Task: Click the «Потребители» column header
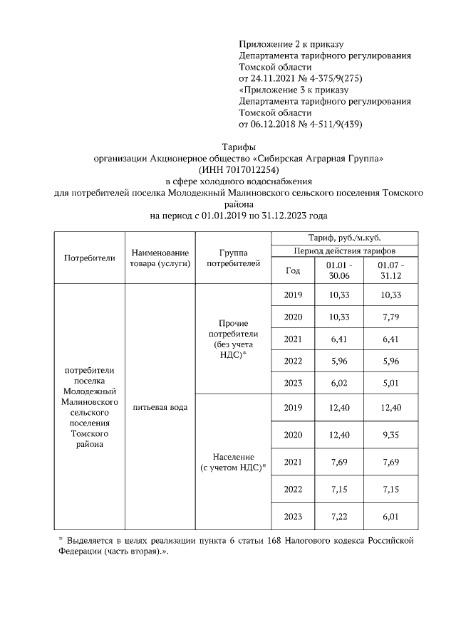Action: pyautogui.click(x=90, y=258)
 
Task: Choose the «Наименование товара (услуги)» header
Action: pyautogui.click(x=160, y=258)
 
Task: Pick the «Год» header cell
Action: pyautogui.click(x=293, y=270)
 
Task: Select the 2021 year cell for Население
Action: pyautogui.click(x=293, y=462)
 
